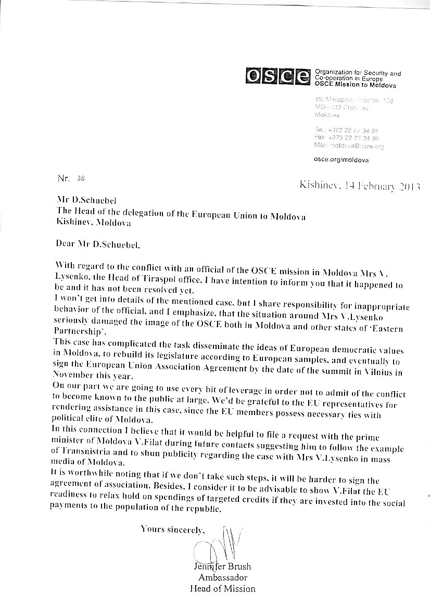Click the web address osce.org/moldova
[x=342, y=160]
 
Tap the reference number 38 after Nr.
[x=80, y=177]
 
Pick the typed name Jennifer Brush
[x=221, y=567]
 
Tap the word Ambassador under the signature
[x=222, y=578]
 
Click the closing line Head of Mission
[x=222, y=589]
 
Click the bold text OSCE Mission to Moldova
[x=356, y=85]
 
